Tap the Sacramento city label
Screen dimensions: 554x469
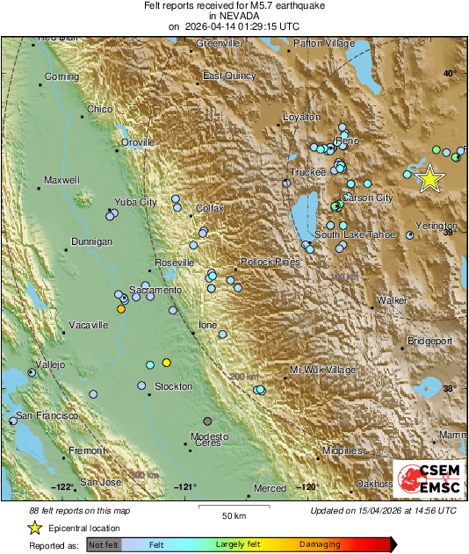click(155, 290)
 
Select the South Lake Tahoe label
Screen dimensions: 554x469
click(355, 234)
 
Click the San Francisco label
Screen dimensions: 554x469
click(47, 414)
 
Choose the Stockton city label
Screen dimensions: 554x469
click(173, 387)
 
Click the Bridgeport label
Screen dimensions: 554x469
click(429, 340)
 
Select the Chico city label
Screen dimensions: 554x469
click(100, 110)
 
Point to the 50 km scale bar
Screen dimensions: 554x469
click(233, 507)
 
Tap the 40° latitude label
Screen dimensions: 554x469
click(449, 74)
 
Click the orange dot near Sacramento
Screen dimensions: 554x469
click(121, 309)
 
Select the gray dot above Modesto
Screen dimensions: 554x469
click(207, 421)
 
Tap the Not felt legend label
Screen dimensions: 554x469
click(105, 545)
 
